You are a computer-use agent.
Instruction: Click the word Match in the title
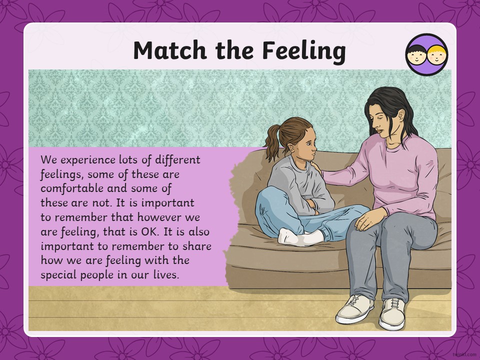[170, 50]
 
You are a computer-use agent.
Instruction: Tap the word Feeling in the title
[304, 51]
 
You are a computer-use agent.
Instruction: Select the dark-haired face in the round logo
[416, 54]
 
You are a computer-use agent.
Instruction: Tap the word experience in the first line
[87, 160]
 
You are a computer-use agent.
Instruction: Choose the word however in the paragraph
[159, 217]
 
